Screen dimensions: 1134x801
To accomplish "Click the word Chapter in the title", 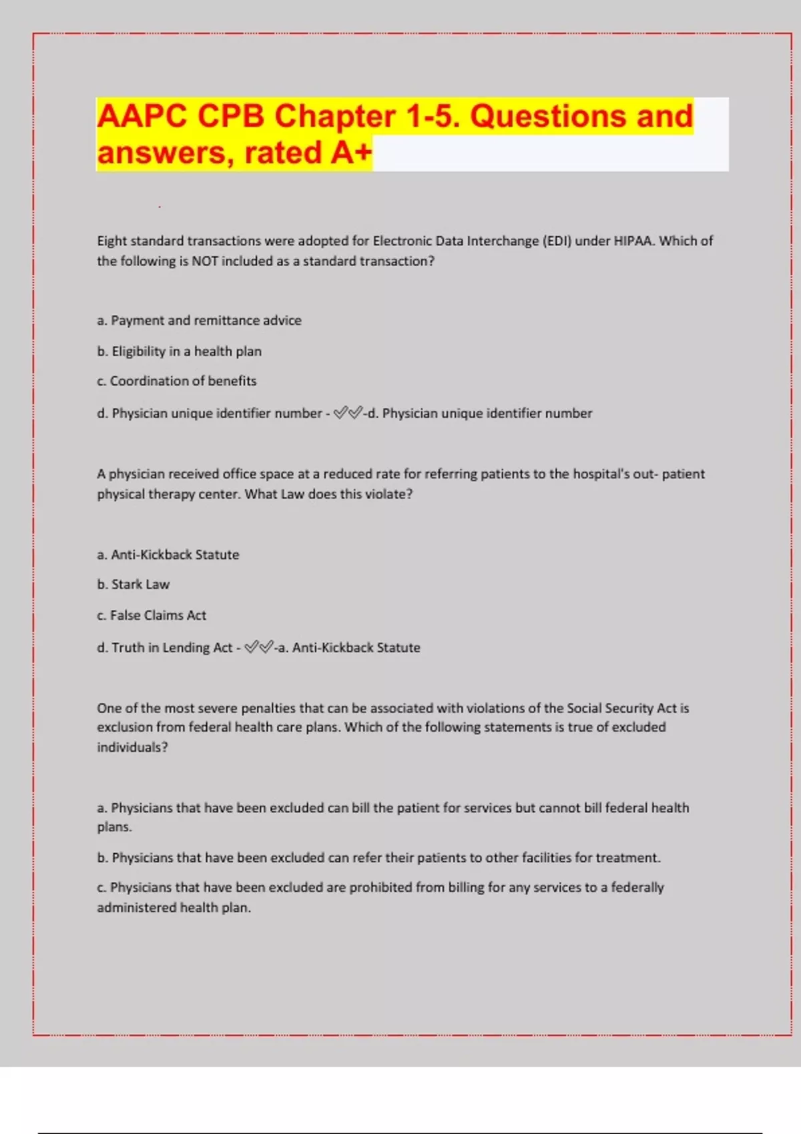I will tap(334, 117).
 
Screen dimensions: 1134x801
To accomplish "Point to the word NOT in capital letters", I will tap(205, 261).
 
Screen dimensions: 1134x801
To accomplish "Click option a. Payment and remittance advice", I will tap(199, 320).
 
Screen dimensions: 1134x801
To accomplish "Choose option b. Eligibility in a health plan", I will tap(179, 351).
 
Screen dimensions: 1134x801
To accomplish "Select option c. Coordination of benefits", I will tap(176, 381).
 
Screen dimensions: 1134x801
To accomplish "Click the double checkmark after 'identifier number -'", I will tap(348, 413).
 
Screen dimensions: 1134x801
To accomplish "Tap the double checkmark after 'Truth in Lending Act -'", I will tap(258, 647).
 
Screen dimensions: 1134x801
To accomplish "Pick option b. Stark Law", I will tap(133, 584).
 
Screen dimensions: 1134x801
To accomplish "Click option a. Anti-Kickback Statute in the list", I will tap(168, 554).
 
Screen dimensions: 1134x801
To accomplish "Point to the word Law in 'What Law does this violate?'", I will tap(292, 494).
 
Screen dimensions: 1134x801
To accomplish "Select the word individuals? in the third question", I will tap(132, 747).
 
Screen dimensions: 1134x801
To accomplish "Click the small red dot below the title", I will tap(160, 207).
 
